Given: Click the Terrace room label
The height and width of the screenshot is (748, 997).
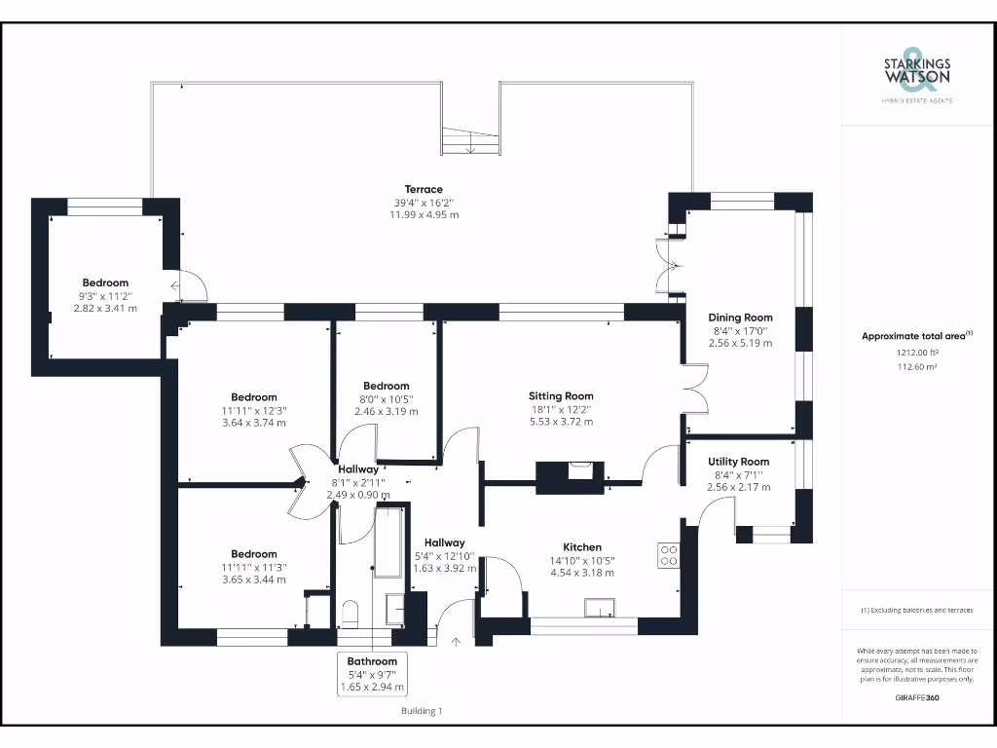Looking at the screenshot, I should point(425,189).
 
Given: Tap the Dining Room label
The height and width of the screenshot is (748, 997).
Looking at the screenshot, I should point(740,318).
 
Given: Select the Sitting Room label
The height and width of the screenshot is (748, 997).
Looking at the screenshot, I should point(561,396).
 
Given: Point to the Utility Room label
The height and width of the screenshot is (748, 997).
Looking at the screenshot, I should point(738,462).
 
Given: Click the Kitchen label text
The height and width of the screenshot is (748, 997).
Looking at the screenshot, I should point(582,547).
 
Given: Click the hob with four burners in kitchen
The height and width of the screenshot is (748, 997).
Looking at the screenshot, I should point(669,555).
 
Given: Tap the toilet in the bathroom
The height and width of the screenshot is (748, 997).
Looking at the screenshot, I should point(351,615).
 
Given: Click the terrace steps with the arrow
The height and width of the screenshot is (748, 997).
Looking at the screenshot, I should point(471,141).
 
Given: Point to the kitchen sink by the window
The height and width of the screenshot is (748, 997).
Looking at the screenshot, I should point(597,608).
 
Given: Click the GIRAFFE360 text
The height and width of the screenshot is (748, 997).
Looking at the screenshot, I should point(916,697).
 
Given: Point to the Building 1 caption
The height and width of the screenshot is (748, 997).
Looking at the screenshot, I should point(422,711).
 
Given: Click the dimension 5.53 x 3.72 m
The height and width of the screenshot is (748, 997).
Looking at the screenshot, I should point(561,422).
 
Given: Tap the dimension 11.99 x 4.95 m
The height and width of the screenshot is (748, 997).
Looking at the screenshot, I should point(425,214).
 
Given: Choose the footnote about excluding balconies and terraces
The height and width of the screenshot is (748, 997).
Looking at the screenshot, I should point(916,610).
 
